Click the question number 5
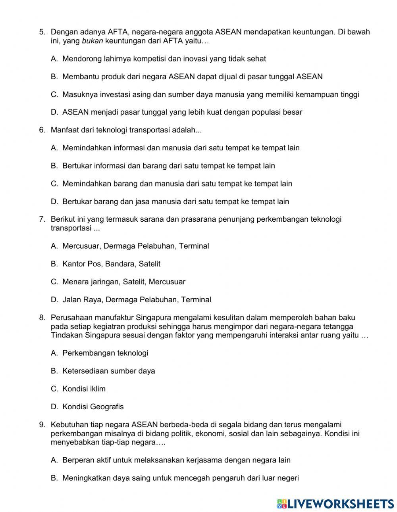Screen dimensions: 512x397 click(x=42, y=32)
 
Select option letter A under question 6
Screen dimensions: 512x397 click(x=54, y=148)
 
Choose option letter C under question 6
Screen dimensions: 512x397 click(x=54, y=184)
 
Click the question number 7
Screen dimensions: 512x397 click(x=42, y=219)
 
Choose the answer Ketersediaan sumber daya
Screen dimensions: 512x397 click(x=108, y=371)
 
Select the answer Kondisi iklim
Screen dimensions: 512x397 click(x=84, y=389)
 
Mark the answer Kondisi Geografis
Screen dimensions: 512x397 click(x=93, y=407)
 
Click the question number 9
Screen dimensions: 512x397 click(x=42, y=425)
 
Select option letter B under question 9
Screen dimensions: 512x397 click(x=54, y=478)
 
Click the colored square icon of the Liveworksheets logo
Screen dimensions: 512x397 click(x=281, y=504)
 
